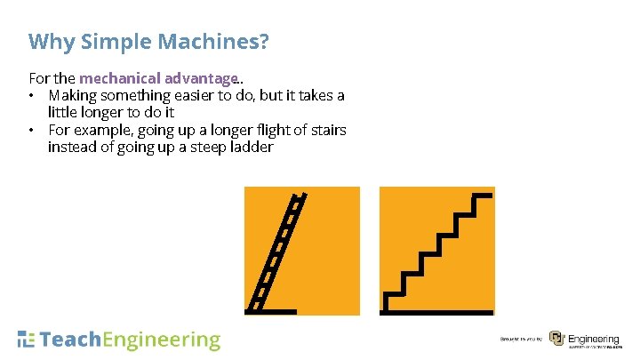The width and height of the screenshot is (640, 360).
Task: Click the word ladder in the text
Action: (x=251, y=148)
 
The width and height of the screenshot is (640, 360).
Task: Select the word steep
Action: (x=207, y=148)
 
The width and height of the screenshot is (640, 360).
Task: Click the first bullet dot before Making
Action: (x=32, y=96)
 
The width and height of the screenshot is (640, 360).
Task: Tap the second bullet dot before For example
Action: (x=32, y=131)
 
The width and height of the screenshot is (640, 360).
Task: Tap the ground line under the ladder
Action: (x=271, y=311)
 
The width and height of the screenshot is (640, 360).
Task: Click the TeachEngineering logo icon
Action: (x=27, y=340)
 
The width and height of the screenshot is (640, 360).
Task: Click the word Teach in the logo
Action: (x=72, y=340)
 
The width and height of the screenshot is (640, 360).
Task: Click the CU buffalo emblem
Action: (x=556, y=339)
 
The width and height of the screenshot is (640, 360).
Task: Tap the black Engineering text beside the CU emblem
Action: (x=593, y=338)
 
